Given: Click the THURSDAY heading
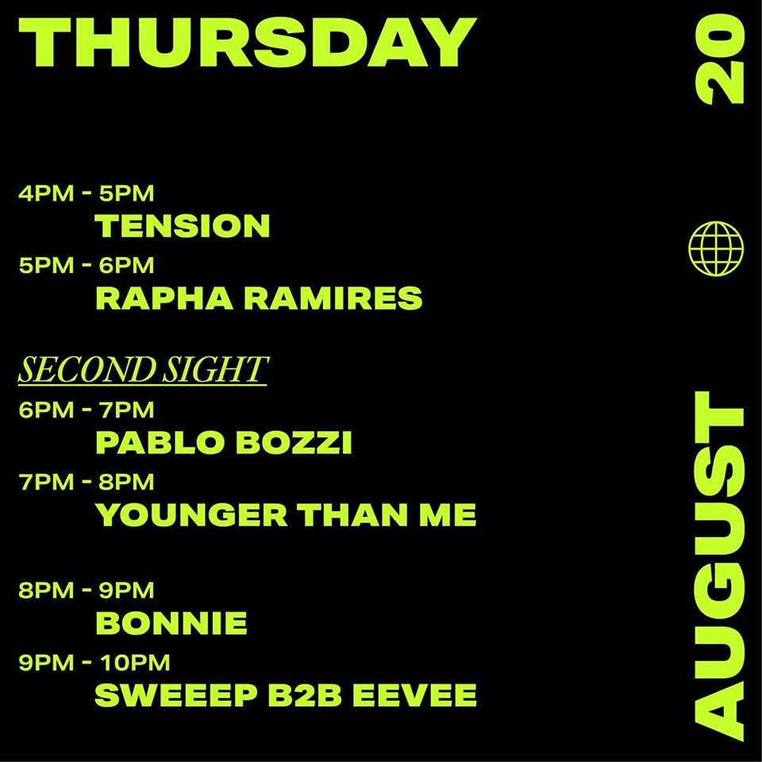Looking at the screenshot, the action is [248, 43].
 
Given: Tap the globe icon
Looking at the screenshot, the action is [716, 248].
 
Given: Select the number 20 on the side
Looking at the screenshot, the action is [720, 60].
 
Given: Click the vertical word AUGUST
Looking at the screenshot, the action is [720, 566].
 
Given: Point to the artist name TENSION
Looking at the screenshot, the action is [183, 225].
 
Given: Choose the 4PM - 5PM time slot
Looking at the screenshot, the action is [86, 194].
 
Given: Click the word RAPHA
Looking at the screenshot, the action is [164, 298].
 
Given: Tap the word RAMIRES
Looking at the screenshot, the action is [333, 298].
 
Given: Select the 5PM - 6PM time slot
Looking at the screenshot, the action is [87, 265].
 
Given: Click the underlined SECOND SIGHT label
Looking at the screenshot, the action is [142, 370].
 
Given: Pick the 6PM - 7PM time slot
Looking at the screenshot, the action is [86, 410].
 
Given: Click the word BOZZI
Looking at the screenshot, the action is [294, 443].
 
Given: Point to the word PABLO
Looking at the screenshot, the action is [161, 443].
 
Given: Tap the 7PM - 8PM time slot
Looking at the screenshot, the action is [86, 482].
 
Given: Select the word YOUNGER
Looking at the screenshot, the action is [191, 515].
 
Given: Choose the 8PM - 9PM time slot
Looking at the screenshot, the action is [86, 590].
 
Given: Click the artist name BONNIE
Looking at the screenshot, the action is [171, 623].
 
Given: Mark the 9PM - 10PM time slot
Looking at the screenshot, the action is [94, 662].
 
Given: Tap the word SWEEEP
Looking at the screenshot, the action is [176, 695].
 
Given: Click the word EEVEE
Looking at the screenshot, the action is [414, 695].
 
